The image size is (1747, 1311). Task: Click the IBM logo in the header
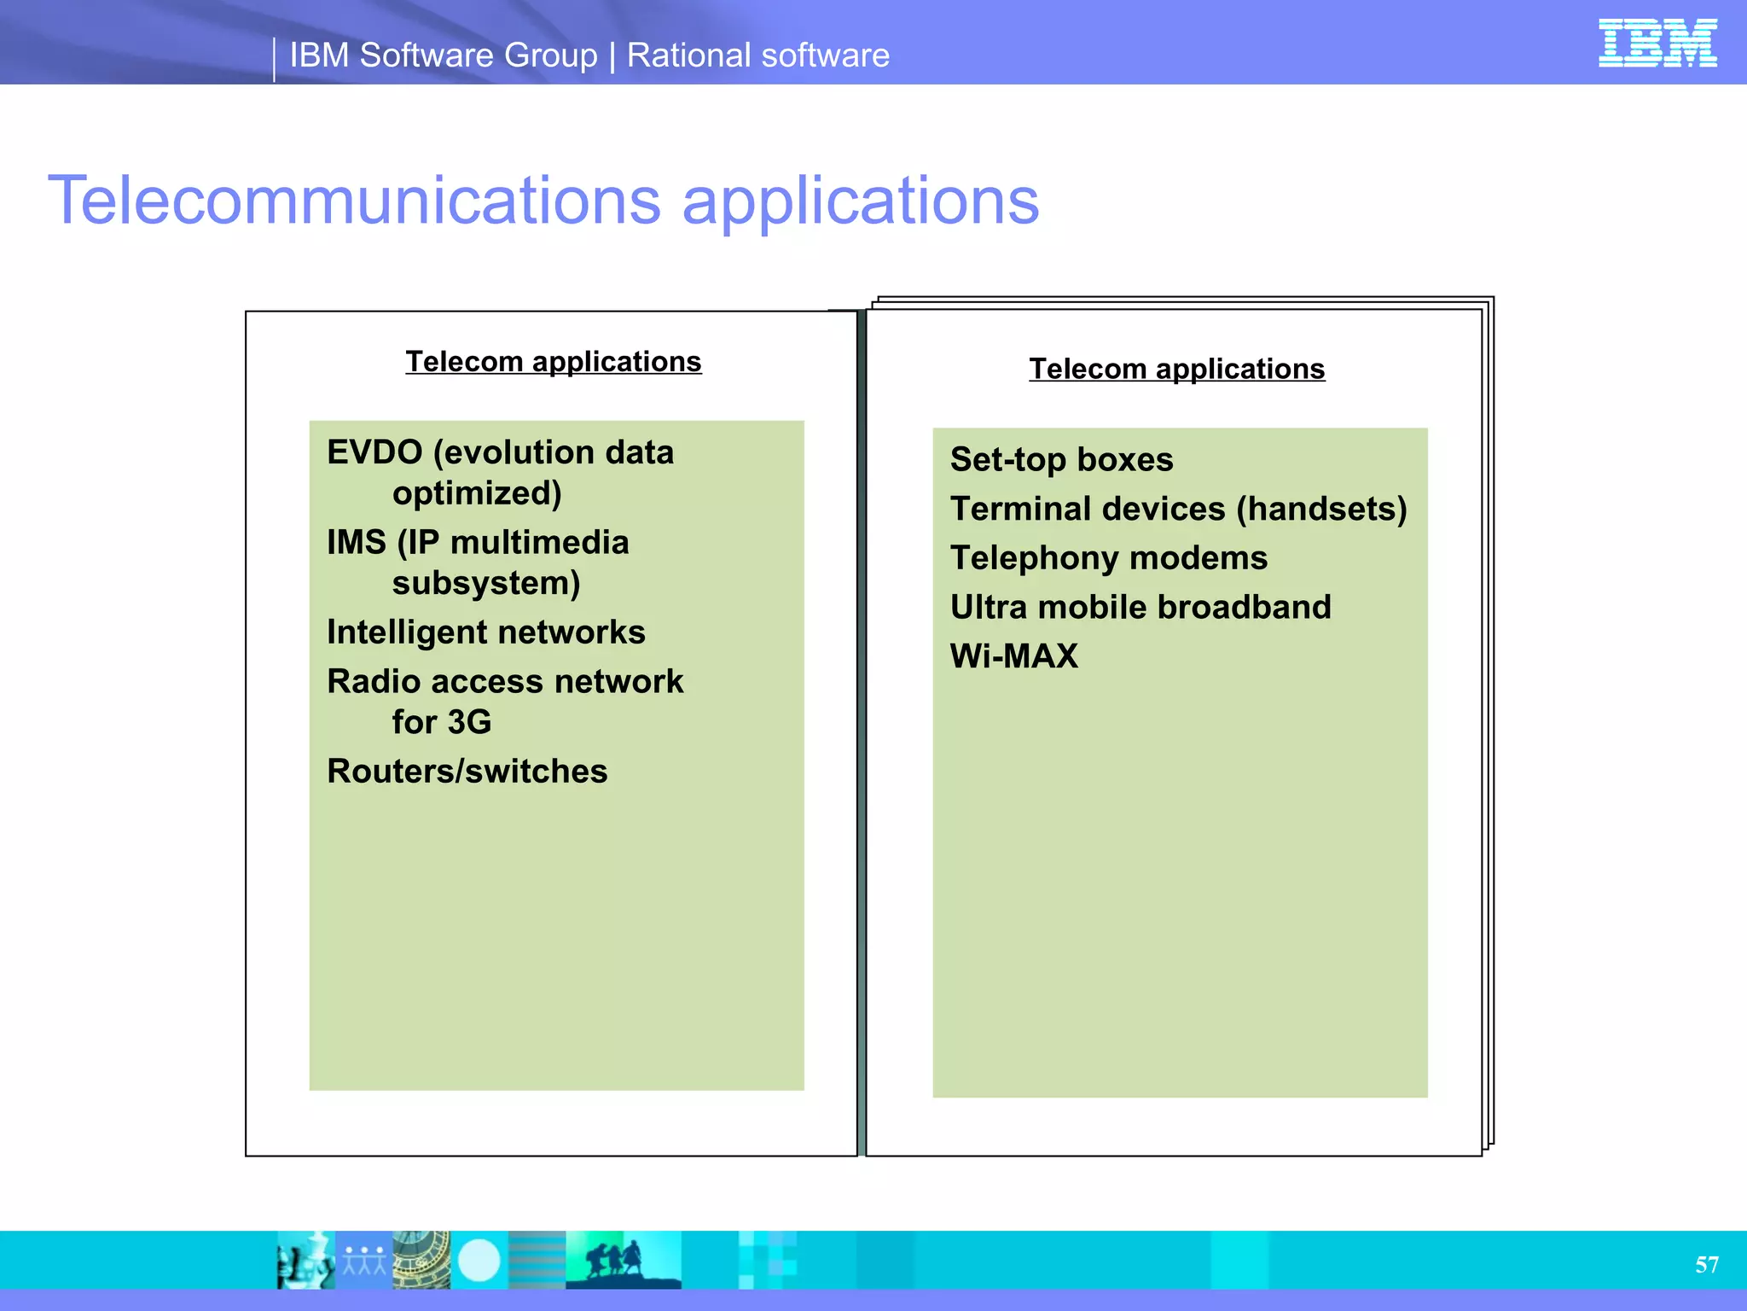pyautogui.click(x=1657, y=43)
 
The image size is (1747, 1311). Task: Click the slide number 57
pyautogui.click(x=1706, y=1264)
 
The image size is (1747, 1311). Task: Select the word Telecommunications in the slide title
pyautogui.click(x=354, y=201)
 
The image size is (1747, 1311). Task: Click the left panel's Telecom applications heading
pyautogui.click(x=553, y=362)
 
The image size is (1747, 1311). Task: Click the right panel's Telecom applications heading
pyautogui.click(x=1176, y=369)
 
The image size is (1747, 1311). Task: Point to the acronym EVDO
pyautogui.click(x=374, y=452)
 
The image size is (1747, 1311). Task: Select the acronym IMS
pyautogui.click(x=356, y=543)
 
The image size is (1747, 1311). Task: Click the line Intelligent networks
pyautogui.click(x=485, y=632)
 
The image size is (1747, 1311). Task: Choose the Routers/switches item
pyautogui.click(x=467, y=772)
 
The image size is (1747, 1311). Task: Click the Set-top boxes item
pyautogui.click(x=1061, y=460)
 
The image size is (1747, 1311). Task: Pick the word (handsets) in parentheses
pyautogui.click(x=1321, y=509)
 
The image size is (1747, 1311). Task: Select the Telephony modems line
pyautogui.click(x=1108, y=558)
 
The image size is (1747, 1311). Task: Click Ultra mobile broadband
pyautogui.click(x=1140, y=608)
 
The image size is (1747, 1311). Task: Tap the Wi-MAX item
pyautogui.click(x=1013, y=656)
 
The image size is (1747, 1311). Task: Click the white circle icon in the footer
pyautogui.click(x=479, y=1260)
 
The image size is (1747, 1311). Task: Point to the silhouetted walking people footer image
pyautogui.click(x=623, y=1260)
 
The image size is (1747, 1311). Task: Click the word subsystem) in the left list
pyautogui.click(x=485, y=584)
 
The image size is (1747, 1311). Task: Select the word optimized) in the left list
pyautogui.click(x=476, y=493)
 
